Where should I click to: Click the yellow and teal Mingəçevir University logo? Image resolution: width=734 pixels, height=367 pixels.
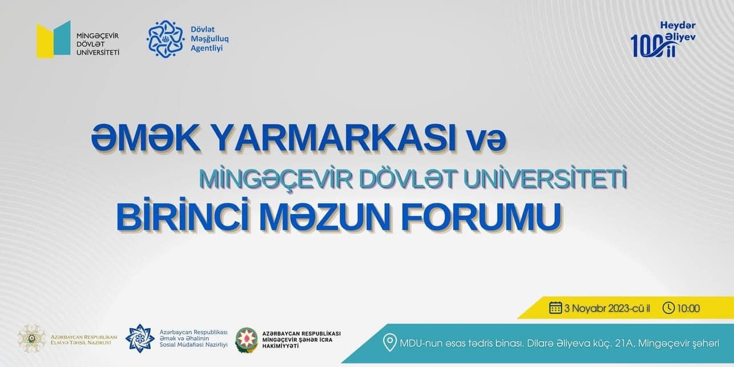point(54,39)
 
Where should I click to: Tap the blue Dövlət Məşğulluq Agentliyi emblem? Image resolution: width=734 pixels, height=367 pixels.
point(165,39)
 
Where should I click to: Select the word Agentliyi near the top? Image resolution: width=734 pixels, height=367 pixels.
point(207,49)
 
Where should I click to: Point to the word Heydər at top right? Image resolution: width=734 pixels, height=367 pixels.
point(677,26)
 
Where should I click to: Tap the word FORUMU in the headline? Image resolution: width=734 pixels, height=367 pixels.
point(481,217)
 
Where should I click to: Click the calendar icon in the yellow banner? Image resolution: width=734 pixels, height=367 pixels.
point(555,308)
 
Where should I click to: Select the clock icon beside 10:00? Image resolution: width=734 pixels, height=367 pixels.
point(668,308)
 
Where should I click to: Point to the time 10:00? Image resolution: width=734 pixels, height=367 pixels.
point(688,308)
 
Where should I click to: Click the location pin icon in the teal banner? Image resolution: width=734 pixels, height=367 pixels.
point(390,343)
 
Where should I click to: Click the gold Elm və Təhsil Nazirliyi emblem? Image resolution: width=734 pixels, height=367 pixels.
point(31,339)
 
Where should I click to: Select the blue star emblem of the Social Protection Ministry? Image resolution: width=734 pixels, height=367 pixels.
point(140,338)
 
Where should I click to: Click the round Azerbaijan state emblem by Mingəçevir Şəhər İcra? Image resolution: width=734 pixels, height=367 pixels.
point(247,340)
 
